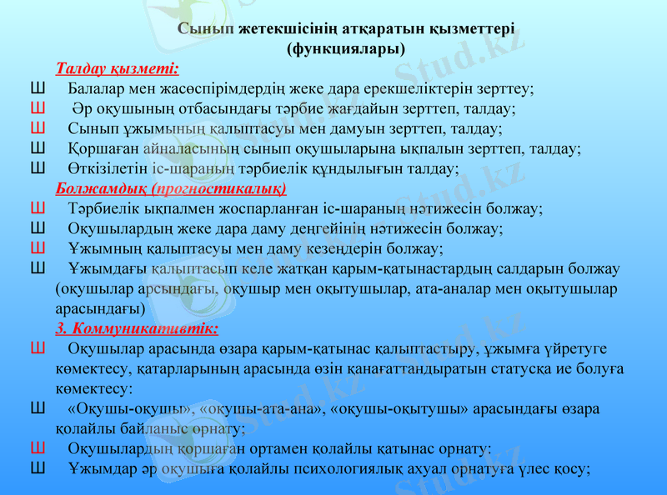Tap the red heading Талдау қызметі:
tap(117, 67)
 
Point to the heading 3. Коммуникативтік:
tap(137, 327)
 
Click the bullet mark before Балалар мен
tap(37, 87)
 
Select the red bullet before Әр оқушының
tap(37, 107)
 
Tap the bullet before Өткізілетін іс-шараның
tap(37, 167)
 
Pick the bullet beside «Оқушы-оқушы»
tap(37, 408)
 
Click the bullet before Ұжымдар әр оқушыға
tap(37, 468)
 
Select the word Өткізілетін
tap(108, 168)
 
